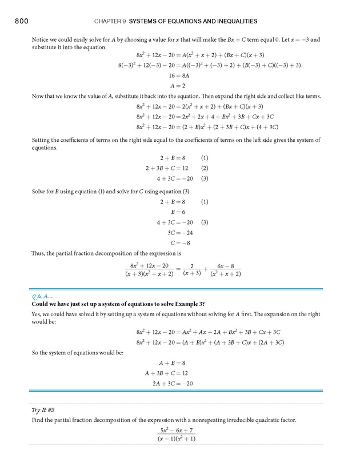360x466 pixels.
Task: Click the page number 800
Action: tap(21, 21)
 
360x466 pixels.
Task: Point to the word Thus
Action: tap(38, 253)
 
